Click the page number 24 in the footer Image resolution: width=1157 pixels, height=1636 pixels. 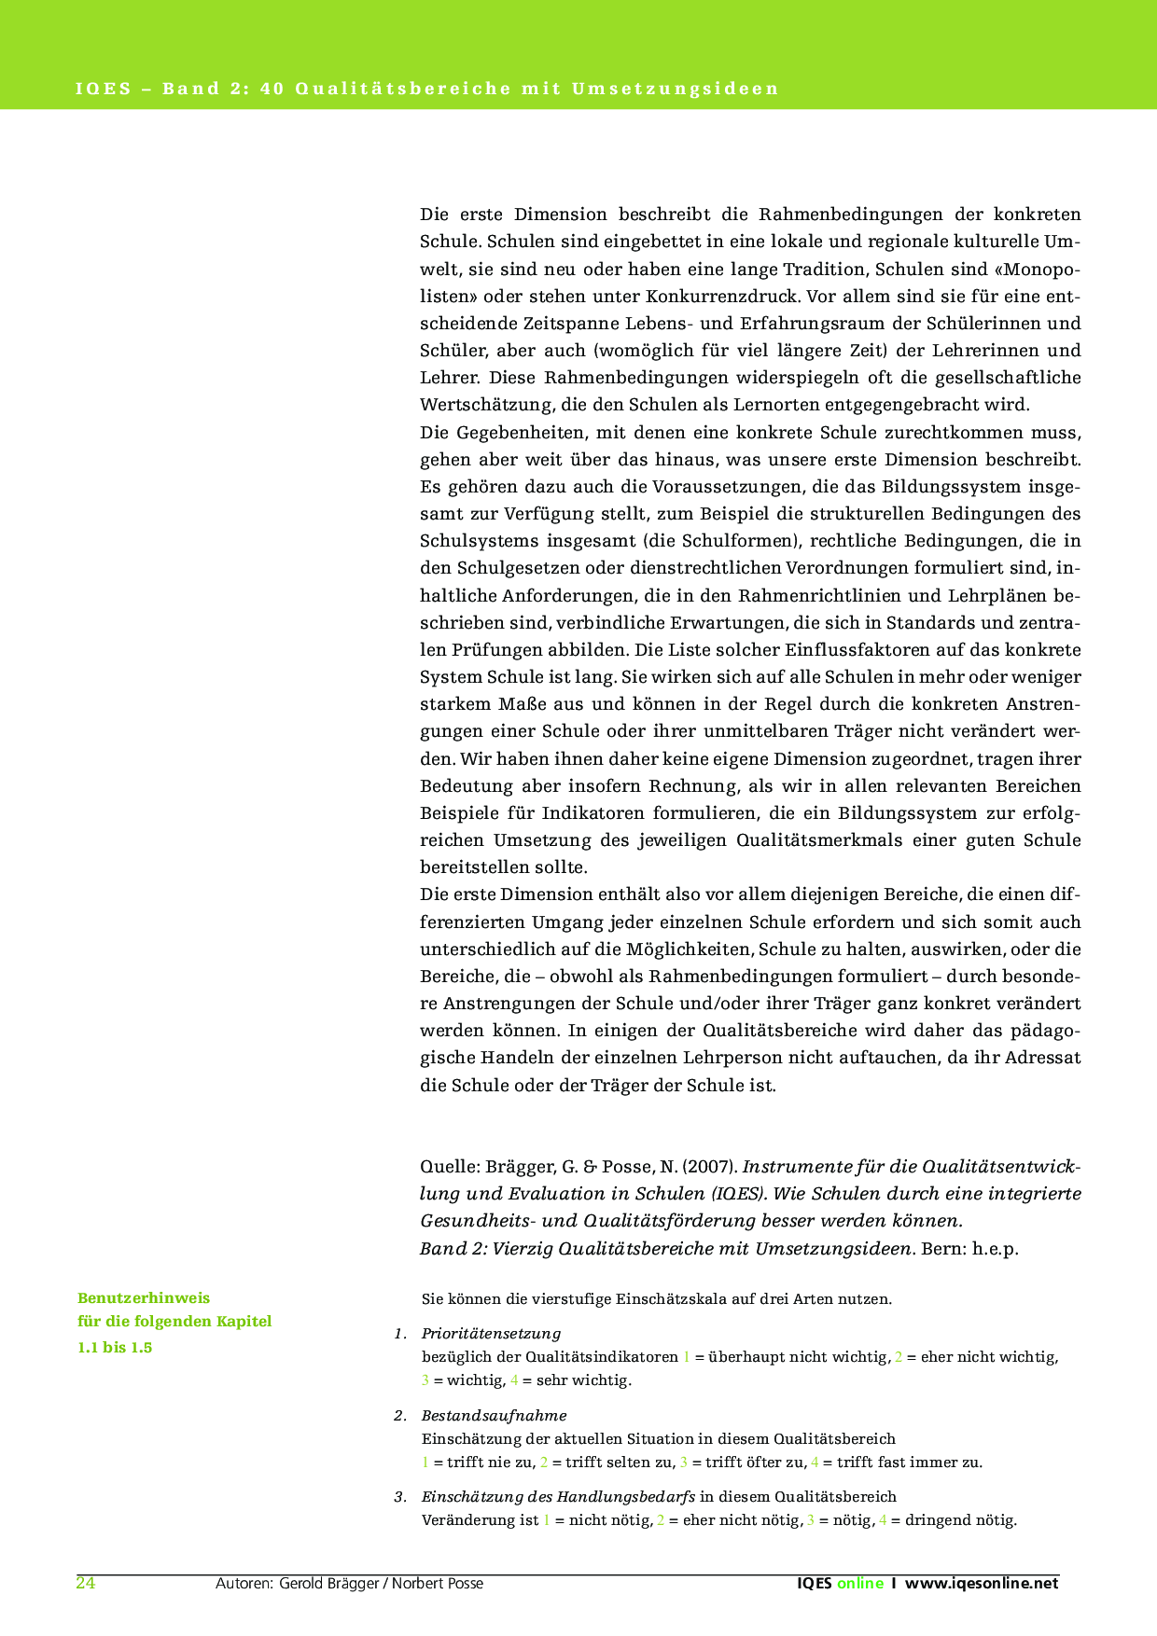click(x=85, y=1583)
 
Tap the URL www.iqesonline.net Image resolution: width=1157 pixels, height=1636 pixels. click(x=982, y=1583)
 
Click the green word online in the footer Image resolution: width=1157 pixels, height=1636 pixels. click(x=859, y=1583)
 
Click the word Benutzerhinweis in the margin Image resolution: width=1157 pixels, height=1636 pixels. click(x=144, y=1297)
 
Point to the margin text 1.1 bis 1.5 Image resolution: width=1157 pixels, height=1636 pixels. click(x=115, y=1347)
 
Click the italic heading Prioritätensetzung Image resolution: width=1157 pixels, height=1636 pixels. click(x=491, y=1333)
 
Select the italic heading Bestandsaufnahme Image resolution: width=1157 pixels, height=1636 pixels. click(x=494, y=1415)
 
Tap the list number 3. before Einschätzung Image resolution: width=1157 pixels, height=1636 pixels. click(x=400, y=1497)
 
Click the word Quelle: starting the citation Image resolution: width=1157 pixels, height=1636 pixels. click(x=450, y=1167)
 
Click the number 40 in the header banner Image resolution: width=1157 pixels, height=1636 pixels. click(x=272, y=90)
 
